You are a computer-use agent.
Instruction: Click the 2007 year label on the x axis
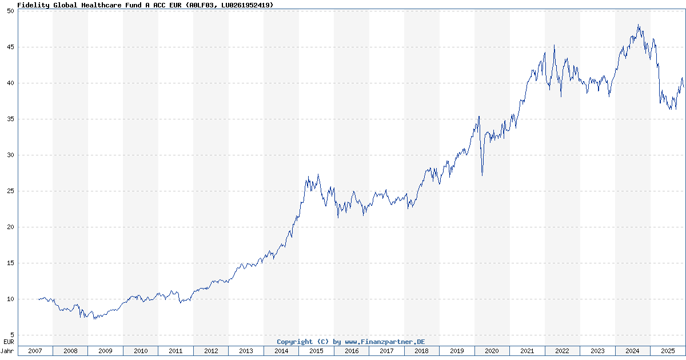(x=35, y=351)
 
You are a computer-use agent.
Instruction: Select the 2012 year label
(x=211, y=351)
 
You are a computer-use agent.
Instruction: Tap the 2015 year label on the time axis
(x=316, y=351)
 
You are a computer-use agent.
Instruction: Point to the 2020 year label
(x=492, y=351)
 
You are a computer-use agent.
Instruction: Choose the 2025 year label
(x=667, y=351)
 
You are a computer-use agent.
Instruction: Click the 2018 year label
(x=421, y=351)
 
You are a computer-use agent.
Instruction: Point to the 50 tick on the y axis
(x=10, y=11)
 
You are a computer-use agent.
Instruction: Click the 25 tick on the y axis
(x=10, y=191)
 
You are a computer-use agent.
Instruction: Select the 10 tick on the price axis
(x=10, y=299)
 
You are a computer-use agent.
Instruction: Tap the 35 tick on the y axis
(x=10, y=119)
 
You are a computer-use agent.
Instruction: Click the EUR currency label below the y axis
(x=9, y=341)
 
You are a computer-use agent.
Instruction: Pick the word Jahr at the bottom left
(x=8, y=351)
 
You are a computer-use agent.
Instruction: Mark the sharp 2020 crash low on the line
(x=482, y=175)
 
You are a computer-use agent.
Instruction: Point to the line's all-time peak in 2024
(x=638, y=25)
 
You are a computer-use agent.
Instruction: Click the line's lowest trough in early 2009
(x=94, y=318)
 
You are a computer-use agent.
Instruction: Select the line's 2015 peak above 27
(x=318, y=175)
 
